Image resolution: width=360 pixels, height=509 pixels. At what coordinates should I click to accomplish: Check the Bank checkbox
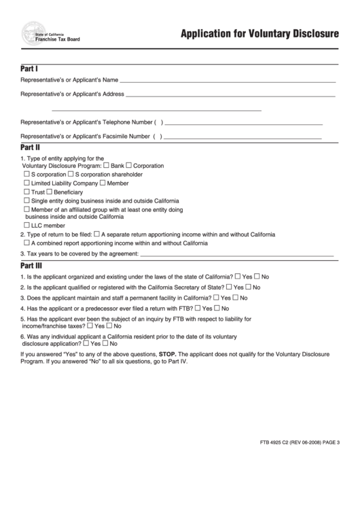coord(107,166)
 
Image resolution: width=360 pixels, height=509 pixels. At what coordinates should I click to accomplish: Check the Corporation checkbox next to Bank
coord(129,166)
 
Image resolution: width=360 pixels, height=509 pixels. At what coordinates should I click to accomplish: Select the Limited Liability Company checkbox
coord(26,183)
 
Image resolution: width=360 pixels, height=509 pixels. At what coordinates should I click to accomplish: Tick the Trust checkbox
coord(26,192)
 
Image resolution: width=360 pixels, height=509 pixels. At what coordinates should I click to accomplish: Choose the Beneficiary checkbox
coord(49,192)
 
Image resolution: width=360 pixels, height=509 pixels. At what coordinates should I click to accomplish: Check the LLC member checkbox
coord(26,226)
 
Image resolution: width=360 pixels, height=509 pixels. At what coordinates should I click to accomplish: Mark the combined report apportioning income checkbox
coord(26,243)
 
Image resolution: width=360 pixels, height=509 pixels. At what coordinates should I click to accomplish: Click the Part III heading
coord(31,266)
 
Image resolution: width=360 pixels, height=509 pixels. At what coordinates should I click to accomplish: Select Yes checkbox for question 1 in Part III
coord(238,277)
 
